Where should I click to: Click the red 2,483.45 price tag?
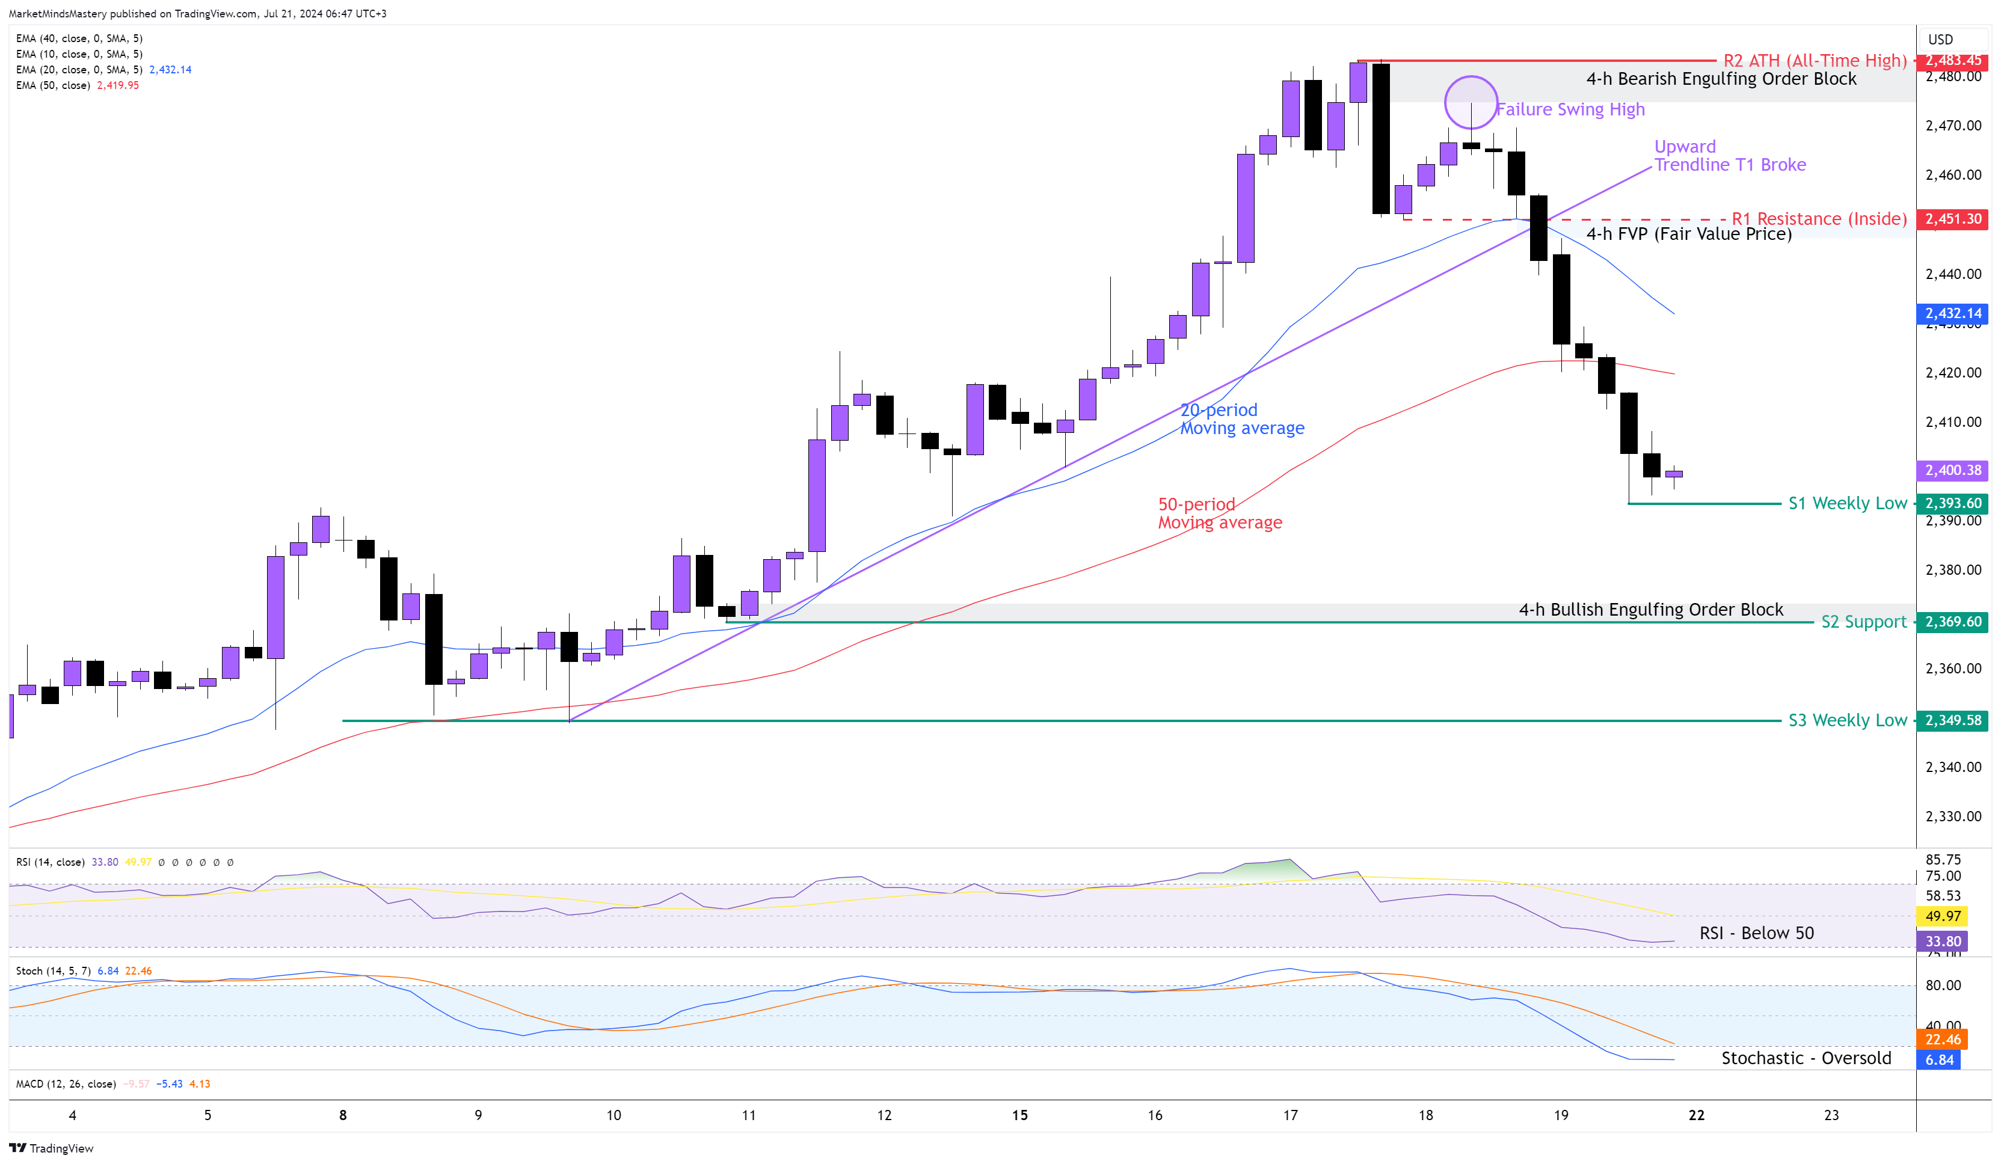coord(1952,60)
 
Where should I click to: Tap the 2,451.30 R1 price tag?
coord(1952,218)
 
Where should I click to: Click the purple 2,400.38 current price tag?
coord(1952,470)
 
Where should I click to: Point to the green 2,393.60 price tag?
coord(1952,503)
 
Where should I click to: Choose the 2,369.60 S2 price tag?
coord(1952,622)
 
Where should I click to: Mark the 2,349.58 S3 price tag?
coord(1952,720)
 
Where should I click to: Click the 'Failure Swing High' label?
coord(1570,109)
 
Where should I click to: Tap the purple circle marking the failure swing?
coord(1471,102)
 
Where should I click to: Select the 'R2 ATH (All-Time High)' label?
coord(1815,60)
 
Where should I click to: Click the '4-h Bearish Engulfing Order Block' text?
coord(1721,79)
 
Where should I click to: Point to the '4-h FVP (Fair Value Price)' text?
coord(1688,233)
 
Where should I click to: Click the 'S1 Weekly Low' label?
coord(1847,503)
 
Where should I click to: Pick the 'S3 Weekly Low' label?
coord(1847,720)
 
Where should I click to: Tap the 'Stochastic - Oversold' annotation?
coord(1806,1058)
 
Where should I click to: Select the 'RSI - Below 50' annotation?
coord(1756,933)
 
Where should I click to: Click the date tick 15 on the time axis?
coord(1019,1115)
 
